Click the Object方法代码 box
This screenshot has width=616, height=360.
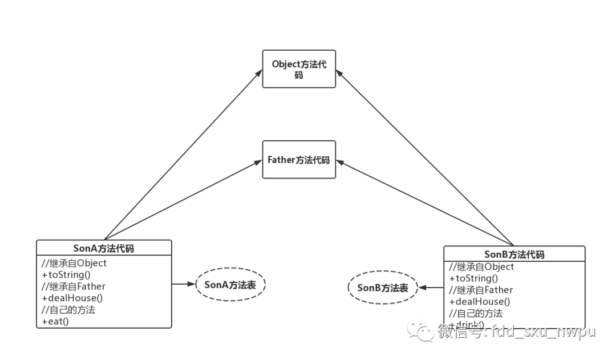click(299, 69)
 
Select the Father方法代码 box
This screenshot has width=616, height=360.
click(299, 160)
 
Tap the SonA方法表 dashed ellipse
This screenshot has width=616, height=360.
click(230, 284)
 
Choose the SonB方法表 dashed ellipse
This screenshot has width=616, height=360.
click(383, 288)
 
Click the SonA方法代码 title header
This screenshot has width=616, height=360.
click(104, 248)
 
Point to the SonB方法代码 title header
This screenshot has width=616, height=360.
click(514, 254)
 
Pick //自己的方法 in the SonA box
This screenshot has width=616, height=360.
click(68, 310)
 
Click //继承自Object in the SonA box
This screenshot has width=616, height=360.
click(74, 263)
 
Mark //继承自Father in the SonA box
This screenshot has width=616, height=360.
click(74, 286)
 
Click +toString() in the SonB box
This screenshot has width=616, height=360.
click(473, 278)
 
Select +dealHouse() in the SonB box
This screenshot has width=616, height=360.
click(480, 301)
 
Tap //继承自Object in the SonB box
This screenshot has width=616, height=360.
click(481, 266)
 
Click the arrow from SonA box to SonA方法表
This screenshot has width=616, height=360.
click(184, 284)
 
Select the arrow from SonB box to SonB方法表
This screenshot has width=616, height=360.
click(431, 288)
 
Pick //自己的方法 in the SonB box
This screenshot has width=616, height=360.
click(476, 313)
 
